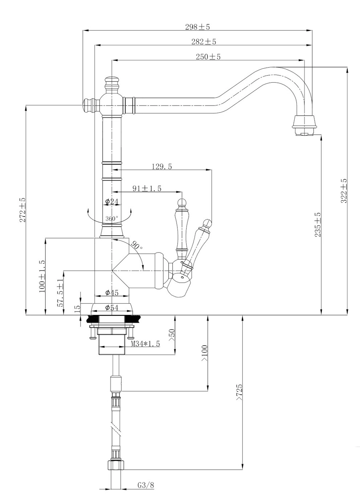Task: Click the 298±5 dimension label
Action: [x=197, y=27]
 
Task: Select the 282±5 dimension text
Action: [x=204, y=42]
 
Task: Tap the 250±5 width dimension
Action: [x=208, y=57]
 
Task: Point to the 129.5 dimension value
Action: [x=161, y=166]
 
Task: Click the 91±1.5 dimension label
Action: [x=147, y=188]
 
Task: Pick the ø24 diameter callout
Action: [x=112, y=202]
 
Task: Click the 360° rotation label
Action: [x=112, y=219]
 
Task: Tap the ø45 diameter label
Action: [x=112, y=293]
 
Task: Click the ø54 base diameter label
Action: [x=112, y=308]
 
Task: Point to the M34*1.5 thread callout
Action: [x=146, y=344]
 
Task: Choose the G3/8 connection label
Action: [x=146, y=485]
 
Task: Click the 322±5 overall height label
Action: [x=344, y=191]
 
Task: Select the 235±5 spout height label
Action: [x=318, y=225]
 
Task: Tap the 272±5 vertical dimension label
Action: [x=22, y=210]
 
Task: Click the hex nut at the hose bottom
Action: [x=115, y=465]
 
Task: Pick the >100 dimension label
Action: [x=204, y=353]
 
